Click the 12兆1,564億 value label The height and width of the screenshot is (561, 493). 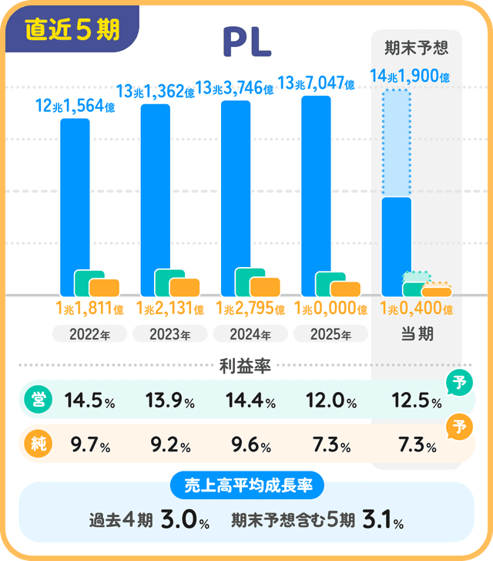[75, 107]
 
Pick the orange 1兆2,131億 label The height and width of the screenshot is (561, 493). [169, 309]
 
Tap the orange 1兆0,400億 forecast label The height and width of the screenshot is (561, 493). [416, 309]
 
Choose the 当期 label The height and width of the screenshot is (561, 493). [416, 334]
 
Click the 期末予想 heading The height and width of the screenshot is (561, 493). [416, 48]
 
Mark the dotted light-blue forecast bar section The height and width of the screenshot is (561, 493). [397, 143]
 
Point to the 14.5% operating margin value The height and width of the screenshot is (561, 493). [89, 401]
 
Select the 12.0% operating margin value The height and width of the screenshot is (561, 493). [330, 401]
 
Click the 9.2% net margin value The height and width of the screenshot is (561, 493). [169, 445]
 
